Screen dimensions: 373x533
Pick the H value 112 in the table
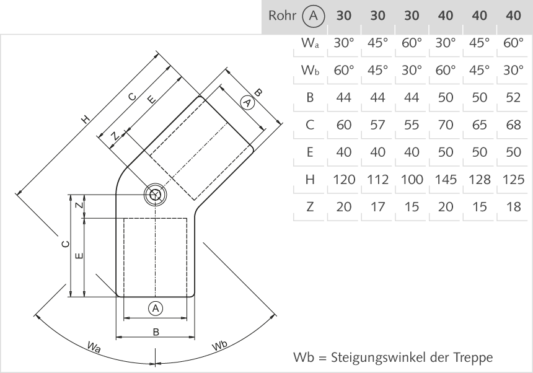click(377, 180)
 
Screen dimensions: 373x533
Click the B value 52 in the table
click(513, 97)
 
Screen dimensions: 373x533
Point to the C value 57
click(377, 125)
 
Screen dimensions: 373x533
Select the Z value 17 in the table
click(377, 207)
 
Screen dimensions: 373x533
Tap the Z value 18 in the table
click(513, 207)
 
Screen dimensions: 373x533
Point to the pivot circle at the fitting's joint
click(155, 195)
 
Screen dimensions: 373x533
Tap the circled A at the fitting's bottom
click(156, 307)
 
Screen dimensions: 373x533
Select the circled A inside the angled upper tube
click(247, 103)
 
